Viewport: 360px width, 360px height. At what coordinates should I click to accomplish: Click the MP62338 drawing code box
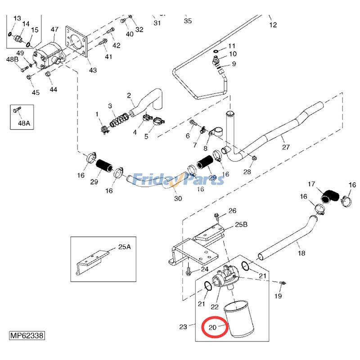click(28, 336)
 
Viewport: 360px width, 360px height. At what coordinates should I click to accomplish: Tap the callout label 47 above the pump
click(54, 29)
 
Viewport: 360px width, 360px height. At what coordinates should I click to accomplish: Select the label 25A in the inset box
click(124, 247)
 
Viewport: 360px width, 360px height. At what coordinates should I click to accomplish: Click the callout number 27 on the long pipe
click(286, 147)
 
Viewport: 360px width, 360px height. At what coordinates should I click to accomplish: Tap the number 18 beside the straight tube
click(301, 253)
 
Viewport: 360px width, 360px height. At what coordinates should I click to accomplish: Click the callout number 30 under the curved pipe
click(178, 198)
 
